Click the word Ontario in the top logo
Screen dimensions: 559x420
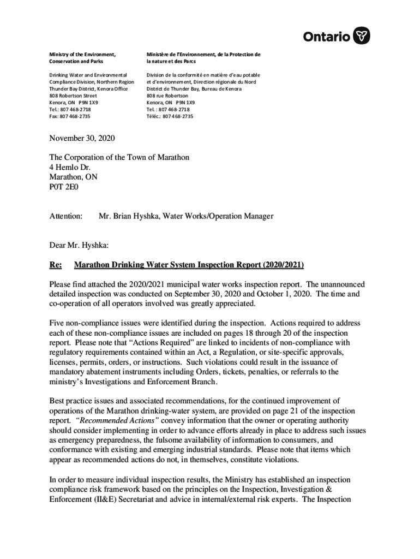coord(327,37)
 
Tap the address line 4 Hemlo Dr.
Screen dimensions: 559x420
coord(70,168)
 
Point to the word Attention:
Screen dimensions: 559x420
coord(65,217)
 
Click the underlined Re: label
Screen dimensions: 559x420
coord(56,265)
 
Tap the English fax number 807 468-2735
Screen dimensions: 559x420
coord(70,116)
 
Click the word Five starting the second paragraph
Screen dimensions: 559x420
coord(58,323)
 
